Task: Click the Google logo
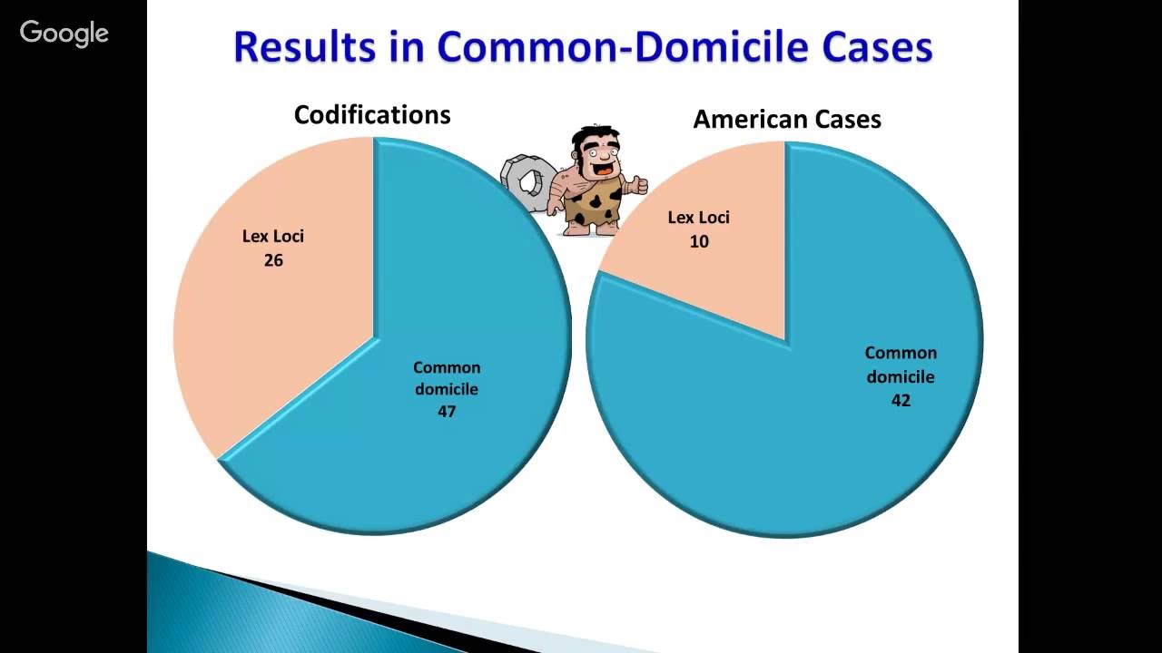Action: (64, 34)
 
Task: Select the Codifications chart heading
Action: (372, 115)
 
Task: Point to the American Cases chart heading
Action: (787, 119)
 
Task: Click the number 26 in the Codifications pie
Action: (273, 260)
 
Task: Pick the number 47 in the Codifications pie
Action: (447, 411)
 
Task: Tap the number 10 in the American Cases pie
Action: (699, 241)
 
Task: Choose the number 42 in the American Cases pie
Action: (901, 399)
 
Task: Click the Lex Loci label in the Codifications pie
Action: (273, 237)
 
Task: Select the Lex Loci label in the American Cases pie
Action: (699, 218)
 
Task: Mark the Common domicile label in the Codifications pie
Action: (447, 378)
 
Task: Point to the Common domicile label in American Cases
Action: (901, 365)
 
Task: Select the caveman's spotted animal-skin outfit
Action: (592, 204)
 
